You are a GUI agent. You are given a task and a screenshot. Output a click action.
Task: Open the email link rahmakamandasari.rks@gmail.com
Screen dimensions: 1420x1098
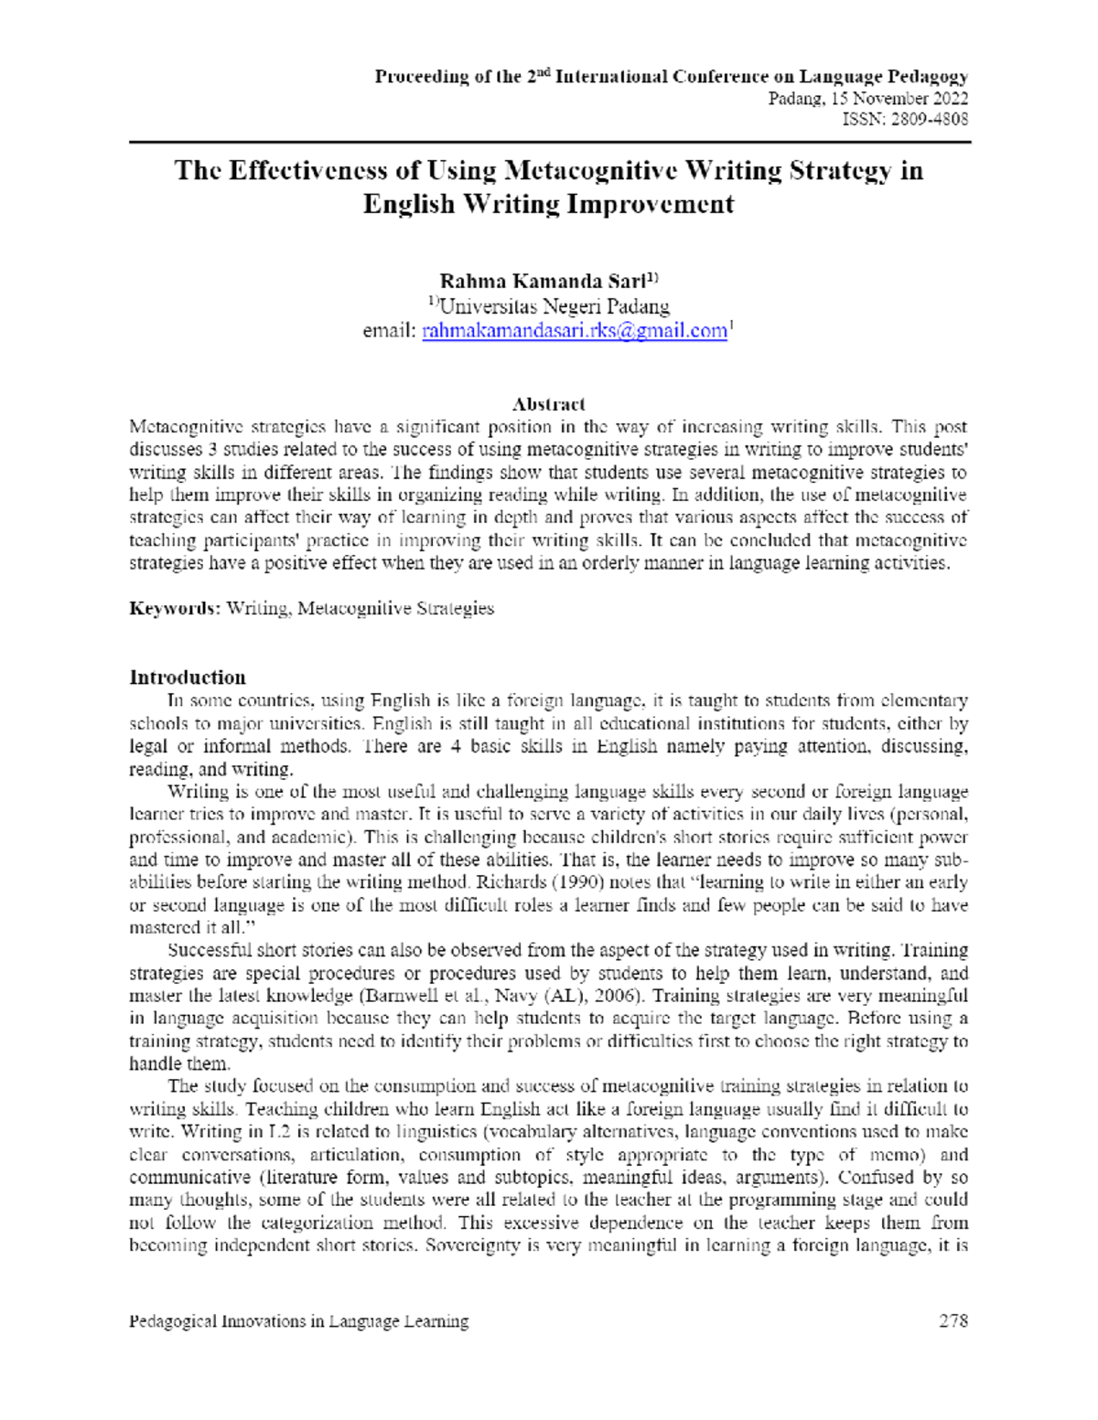pyautogui.click(x=574, y=331)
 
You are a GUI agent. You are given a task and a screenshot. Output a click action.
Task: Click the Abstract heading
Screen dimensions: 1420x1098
pyautogui.click(x=548, y=404)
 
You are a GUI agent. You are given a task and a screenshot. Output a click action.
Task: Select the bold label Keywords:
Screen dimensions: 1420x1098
pyautogui.click(x=175, y=609)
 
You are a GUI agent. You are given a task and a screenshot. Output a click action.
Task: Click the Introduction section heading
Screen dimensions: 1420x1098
pyautogui.click(x=188, y=678)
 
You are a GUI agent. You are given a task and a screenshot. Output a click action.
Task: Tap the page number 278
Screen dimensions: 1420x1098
pyautogui.click(x=953, y=1320)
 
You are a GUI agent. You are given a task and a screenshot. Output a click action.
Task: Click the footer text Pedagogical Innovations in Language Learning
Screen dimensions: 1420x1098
pyautogui.click(x=298, y=1321)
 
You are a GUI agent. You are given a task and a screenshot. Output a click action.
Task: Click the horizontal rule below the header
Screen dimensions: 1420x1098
pyautogui.click(x=549, y=143)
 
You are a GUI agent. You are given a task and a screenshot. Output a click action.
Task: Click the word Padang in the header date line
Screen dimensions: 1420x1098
pyautogui.click(x=794, y=99)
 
